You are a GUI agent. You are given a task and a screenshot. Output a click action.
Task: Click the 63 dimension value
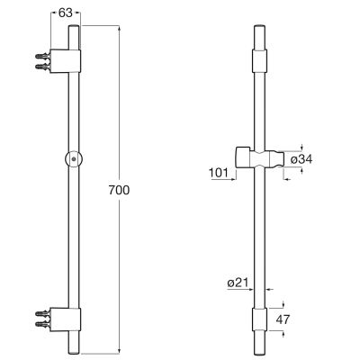pos(64,13)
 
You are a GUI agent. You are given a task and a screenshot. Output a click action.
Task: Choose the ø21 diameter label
pos(238,283)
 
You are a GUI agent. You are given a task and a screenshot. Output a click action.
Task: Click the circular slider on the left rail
pos(72,158)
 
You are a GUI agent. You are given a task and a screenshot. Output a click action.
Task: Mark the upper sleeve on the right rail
pos(259,61)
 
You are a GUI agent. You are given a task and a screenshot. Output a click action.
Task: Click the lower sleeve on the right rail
pos(259,319)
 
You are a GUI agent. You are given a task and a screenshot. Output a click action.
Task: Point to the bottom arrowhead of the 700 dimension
pos(119,348)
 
